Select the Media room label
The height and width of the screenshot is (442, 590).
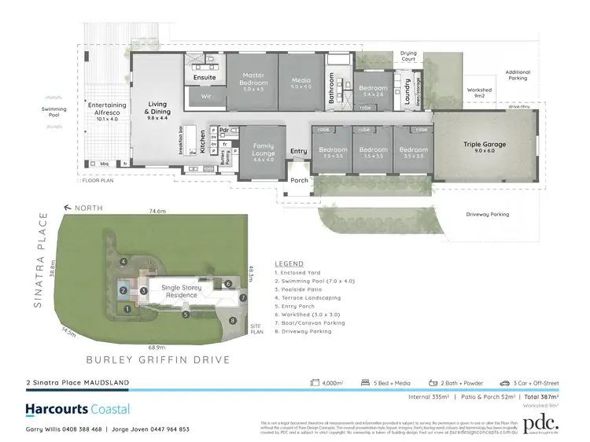301,80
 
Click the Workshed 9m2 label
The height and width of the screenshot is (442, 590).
479,93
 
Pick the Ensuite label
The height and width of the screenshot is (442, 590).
205,78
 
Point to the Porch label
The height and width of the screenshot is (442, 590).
300,180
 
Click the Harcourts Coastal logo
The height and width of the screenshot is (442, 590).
77,409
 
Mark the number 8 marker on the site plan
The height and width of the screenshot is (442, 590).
232,320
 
